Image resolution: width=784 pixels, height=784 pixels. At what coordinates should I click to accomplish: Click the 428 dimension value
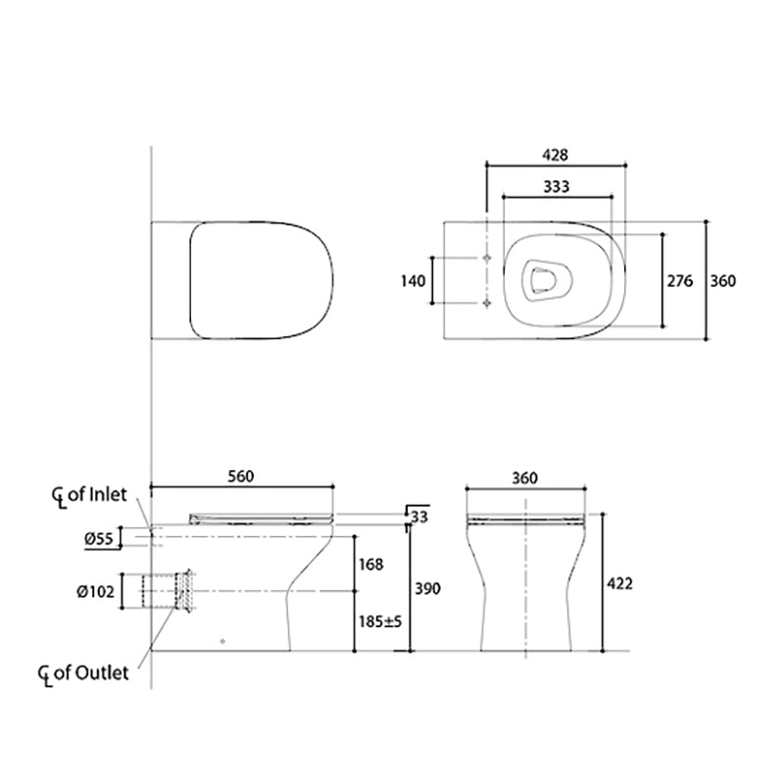pyautogui.click(x=555, y=155)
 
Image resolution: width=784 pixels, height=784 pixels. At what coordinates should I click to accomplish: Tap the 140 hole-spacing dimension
pyautogui.click(x=414, y=281)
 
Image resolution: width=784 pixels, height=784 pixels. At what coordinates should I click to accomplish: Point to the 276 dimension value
pyautogui.click(x=680, y=281)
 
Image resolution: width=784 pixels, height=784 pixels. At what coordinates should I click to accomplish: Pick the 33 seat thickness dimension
pyautogui.click(x=419, y=516)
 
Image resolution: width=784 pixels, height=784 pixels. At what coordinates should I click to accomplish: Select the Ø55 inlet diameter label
pyautogui.click(x=101, y=537)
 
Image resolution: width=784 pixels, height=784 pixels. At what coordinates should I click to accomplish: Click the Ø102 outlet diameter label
pyautogui.click(x=99, y=590)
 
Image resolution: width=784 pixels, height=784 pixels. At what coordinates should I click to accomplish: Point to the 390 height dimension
pyautogui.click(x=427, y=589)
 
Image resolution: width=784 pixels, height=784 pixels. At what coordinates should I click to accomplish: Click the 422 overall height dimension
pyautogui.click(x=619, y=583)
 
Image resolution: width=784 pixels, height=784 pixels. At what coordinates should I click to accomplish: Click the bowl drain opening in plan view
pyautogui.click(x=539, y=280)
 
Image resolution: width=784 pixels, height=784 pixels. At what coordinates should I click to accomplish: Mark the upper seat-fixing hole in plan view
pyautogui.click(x=487, y=258)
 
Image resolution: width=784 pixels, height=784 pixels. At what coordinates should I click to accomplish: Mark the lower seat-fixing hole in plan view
pyautogui.click(x=487, y=304)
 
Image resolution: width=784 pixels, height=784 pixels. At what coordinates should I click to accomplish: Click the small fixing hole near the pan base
pyautogui.click(x=224, y=642)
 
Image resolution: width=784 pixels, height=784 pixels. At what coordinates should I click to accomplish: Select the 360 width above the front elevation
pyautogui.click(x=525, y=477)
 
